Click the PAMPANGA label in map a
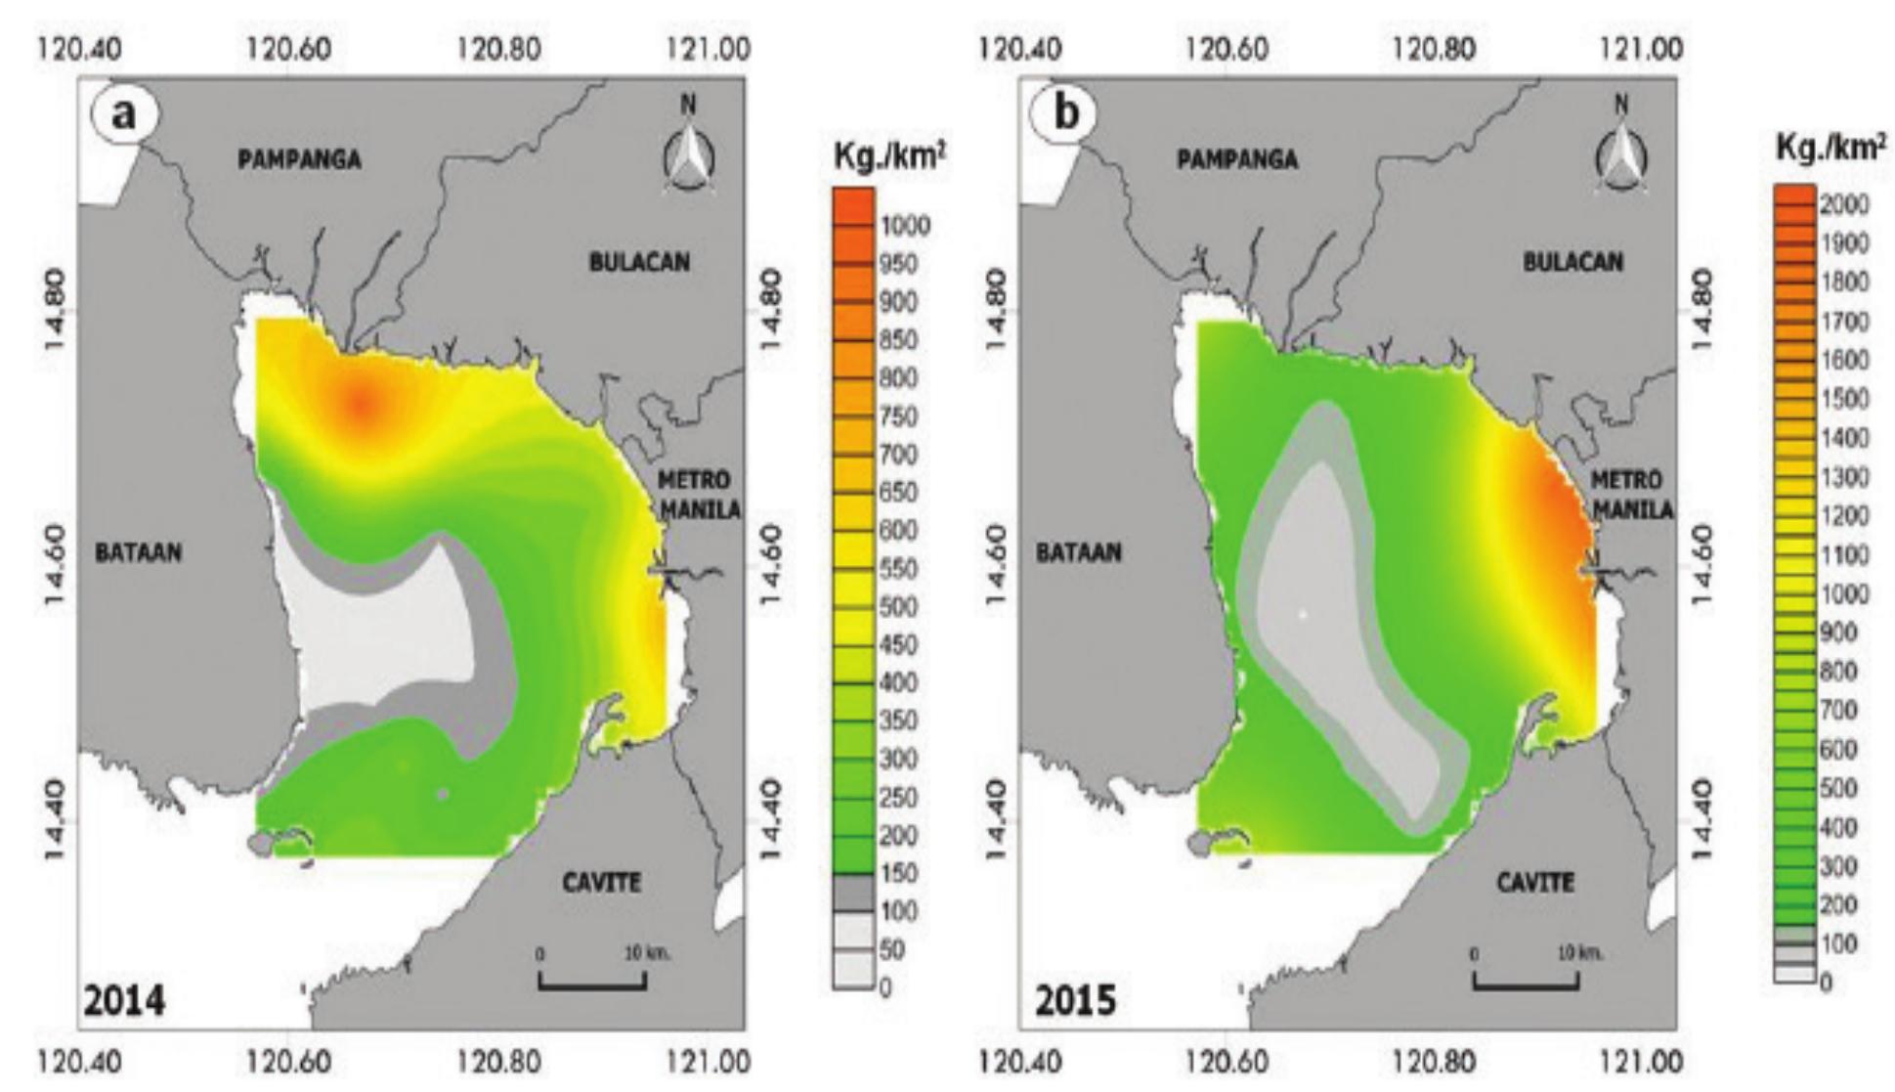[x=299, y=159]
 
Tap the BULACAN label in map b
[x=1572, y=262]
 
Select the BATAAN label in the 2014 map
[x=138, y=552]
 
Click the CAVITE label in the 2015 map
[x=1534, y=883]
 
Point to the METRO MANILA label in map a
[x=696, y=495]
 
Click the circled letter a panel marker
[x=125, y=114]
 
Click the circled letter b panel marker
[x=1065, y=114]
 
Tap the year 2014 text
[x=124, y=1001]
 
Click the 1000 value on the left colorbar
[x=905, y=227]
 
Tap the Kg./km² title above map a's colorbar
[x=888, y=156]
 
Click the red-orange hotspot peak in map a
[x=361, y=402]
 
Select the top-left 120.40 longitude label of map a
[x=80, y=48]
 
